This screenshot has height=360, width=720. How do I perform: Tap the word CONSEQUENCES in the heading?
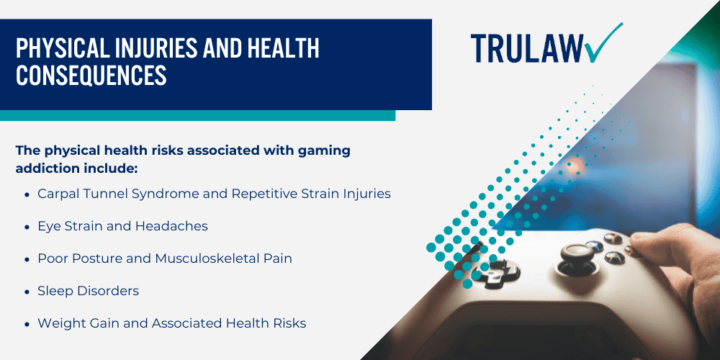(x=91, y=75)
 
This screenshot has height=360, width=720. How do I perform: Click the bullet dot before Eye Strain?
(x=27, y=227)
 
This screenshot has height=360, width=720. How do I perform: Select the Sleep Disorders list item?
(x=88, y=291)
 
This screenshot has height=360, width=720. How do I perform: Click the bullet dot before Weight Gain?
(x=27, y=324)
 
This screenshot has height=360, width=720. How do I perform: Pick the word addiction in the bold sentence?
(x=45, y=168)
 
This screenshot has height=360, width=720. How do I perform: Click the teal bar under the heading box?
(x=197, y=115)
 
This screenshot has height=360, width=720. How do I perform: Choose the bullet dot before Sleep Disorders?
(x=27, y=292)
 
